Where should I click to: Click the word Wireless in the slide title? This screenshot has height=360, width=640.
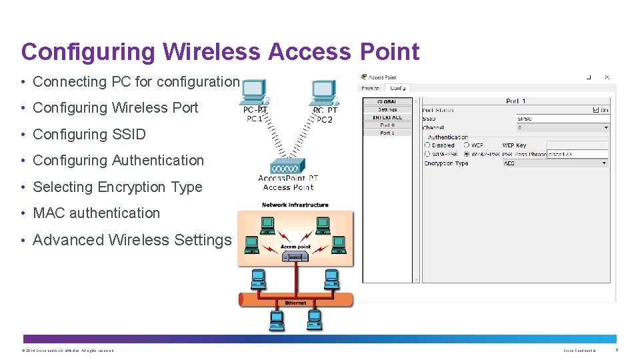coord(209,52)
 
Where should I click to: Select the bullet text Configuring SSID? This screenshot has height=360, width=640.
coord(89,134)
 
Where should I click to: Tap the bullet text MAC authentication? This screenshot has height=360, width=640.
coord(96,213)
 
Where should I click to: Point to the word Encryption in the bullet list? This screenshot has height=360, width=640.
coord(134,187)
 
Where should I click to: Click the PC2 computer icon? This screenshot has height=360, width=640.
coord(324,93)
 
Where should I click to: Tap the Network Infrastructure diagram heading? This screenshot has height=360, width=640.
coord(295,205)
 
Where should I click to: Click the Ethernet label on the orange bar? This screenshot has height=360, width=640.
coord(295,303)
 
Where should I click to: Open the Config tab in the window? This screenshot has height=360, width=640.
coord(398,88)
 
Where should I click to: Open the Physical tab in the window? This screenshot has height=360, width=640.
coord(371,88)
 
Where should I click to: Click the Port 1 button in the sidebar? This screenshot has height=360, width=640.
coord(387,133)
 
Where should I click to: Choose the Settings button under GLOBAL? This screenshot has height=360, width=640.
coord(387,109)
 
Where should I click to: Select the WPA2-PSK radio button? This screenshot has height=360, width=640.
coord(467,154)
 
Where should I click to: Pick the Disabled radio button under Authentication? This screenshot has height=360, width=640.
coord(427,145)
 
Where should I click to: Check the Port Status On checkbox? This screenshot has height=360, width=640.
coord(595,110)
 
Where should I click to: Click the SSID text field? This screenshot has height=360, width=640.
coord(562,119)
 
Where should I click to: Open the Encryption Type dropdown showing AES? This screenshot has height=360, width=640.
coord(555,163)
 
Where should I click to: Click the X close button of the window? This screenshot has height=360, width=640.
coord(607,77)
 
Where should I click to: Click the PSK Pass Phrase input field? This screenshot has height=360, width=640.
coord(577,154)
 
